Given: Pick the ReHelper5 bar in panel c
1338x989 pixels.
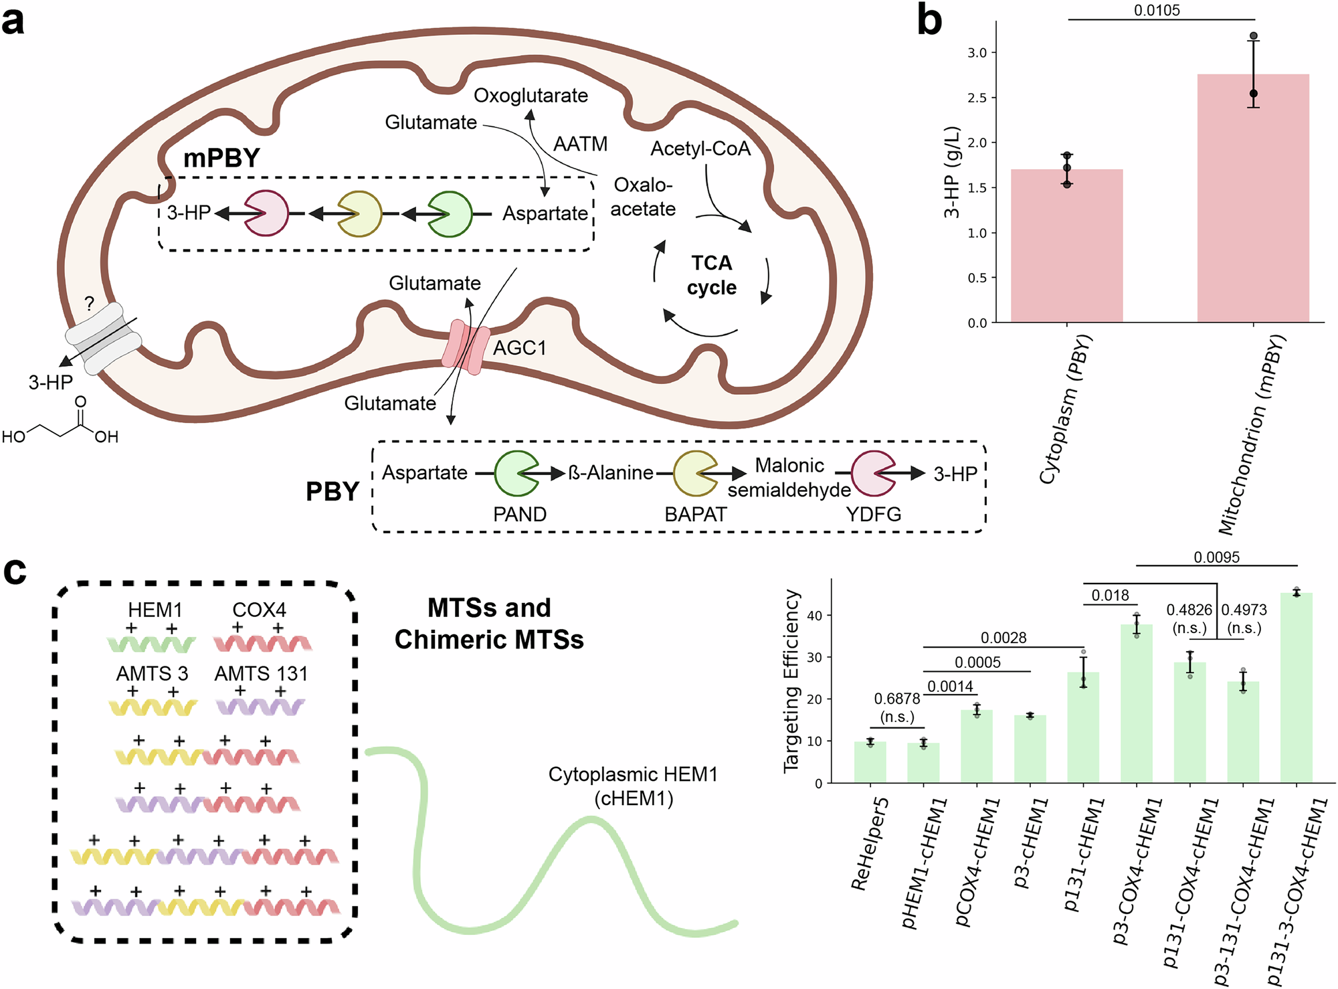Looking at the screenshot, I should (870, 762).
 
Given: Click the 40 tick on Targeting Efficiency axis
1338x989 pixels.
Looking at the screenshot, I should (818, 615).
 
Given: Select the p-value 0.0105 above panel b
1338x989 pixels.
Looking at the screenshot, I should (1157, 10).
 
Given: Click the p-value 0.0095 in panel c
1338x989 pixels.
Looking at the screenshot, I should (1216, 557).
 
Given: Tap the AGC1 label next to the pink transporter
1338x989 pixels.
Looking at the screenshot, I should (520, 348).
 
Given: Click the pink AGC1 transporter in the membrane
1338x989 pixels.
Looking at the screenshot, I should (466, 347).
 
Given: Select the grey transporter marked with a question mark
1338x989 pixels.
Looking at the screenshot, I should (103, 338).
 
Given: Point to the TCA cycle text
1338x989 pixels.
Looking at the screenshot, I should (711, 275).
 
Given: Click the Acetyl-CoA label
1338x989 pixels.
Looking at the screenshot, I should (700, 148).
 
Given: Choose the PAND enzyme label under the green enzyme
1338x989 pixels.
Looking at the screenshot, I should (520, 514).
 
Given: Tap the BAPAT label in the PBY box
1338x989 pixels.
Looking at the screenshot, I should (695, 514).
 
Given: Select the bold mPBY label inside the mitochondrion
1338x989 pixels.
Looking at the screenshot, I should (221, 158).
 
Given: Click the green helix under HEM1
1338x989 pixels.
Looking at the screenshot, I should (151, 644).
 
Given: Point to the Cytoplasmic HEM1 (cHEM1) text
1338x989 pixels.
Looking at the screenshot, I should (633, 786).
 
